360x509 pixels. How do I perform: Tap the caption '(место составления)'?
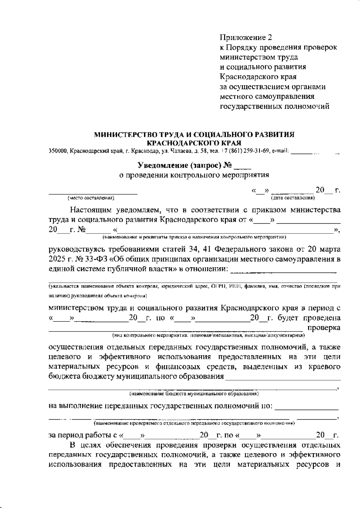[91, 198]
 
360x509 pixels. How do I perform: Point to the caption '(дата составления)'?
[292, 198]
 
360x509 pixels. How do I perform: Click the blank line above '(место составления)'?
[93, 193]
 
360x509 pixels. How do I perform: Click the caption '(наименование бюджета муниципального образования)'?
[194, 393]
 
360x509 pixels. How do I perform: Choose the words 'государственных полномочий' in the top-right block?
[274, 107]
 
